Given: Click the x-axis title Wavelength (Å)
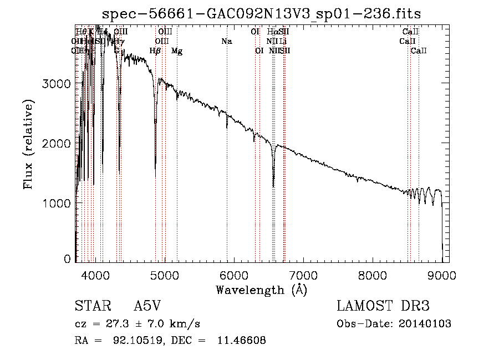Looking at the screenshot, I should [262, 290].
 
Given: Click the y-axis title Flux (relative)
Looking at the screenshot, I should [28, 144].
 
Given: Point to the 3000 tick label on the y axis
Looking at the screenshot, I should [57, 84].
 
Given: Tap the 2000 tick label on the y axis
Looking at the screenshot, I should [57, 144].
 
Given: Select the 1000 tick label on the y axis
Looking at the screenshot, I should [57, 204].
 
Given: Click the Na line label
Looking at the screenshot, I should [226, 42].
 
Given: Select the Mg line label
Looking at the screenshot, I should [177, 51].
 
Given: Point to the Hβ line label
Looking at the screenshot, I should [155, 51].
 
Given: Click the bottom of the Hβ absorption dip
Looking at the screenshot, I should [155, 176].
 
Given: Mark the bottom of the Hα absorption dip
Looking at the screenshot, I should [273, 186].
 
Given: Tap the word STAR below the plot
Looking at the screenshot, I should [90, 306].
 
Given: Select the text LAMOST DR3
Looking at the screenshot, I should [383, 306].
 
